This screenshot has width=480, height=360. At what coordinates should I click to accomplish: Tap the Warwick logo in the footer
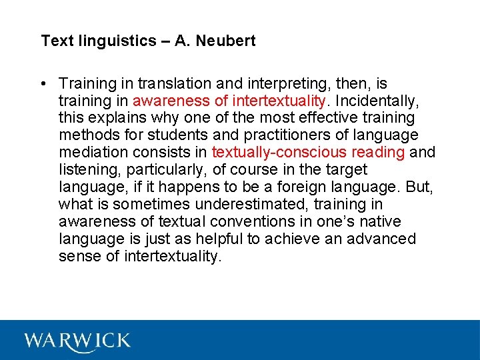pyautogui.click(x=77, y=340)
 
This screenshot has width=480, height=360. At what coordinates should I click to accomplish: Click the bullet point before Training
pyautogui.click(x=42, y=84)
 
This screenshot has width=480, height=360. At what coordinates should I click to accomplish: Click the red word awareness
pyautogui.click(x=166, y=101)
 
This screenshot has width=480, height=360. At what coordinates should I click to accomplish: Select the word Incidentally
pyautogui.click(x=382, y=101)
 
